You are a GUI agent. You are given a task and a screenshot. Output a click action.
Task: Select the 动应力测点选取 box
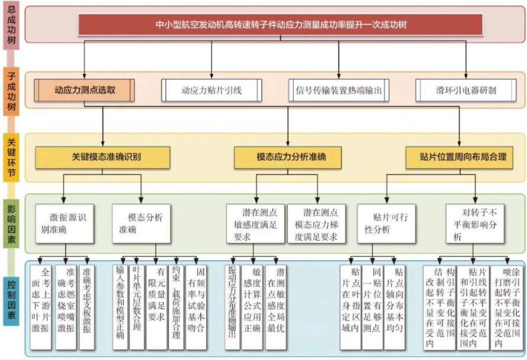tap(84, 90)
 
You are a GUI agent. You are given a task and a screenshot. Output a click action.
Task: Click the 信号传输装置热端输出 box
tap(339, 90)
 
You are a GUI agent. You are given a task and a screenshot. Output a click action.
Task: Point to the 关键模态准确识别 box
tap(102, 157)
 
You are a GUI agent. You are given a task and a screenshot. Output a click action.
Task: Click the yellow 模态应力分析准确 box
tap(288, 157)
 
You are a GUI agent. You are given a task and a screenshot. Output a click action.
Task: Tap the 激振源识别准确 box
tap(64, 223)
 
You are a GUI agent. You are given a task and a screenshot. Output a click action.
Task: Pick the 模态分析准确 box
tap(141, 223)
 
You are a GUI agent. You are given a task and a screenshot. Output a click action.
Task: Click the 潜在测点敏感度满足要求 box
tap(255, 223)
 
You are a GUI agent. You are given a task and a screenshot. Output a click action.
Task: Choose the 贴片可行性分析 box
tap(386, 223)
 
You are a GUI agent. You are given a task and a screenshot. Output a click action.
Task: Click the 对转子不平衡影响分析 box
tap(475, 223)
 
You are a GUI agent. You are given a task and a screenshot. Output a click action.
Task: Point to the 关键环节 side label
tap(12, 158)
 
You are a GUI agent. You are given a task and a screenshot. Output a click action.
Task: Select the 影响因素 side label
tap(12, 223)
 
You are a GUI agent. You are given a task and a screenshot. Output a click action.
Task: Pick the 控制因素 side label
tap(12, 306)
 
